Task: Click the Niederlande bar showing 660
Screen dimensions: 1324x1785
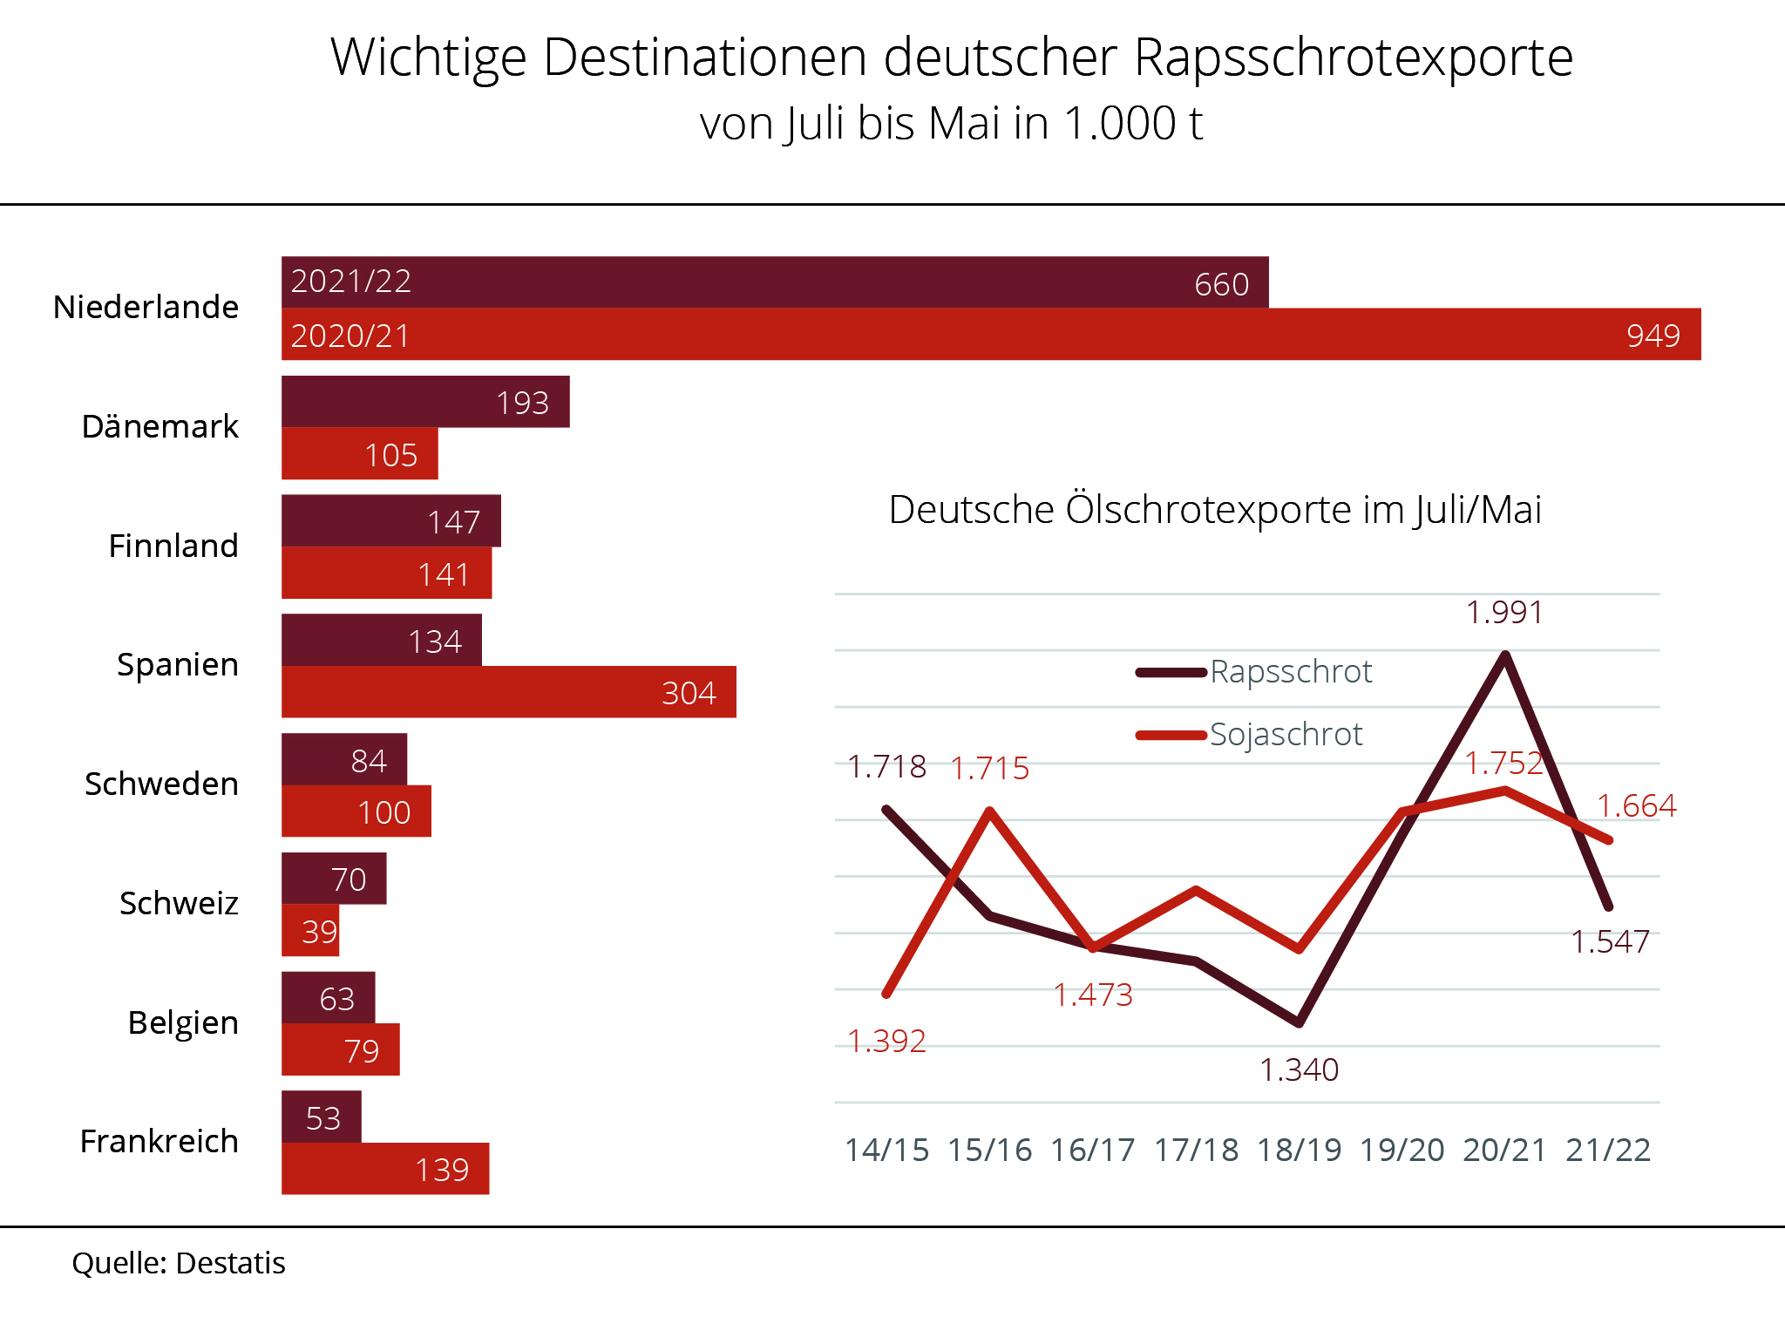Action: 774,282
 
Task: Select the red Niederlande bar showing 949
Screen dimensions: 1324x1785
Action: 990,335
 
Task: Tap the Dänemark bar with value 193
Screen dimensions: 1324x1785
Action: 425,402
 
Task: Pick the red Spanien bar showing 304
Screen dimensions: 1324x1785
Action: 508,692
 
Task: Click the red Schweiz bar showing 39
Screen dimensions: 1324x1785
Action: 309,931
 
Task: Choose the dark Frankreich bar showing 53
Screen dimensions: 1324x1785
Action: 321,1117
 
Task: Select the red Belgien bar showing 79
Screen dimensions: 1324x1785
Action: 340,1049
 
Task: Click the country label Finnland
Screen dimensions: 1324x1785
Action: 173,546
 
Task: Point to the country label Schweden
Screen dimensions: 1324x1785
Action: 161,784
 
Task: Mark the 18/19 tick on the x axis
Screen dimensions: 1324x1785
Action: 1299,1150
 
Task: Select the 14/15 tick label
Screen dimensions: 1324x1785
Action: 886,1150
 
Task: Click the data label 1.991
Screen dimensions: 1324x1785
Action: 1504,613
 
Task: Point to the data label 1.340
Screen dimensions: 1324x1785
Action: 1299,1069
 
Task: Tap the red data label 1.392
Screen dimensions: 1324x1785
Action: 886,1041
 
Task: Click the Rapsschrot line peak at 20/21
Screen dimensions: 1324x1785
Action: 1505,655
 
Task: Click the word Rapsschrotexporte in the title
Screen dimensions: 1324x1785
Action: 1354,58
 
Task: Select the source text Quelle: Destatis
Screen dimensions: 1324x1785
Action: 179,1263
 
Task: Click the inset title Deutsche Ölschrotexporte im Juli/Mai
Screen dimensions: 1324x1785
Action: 1215,510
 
